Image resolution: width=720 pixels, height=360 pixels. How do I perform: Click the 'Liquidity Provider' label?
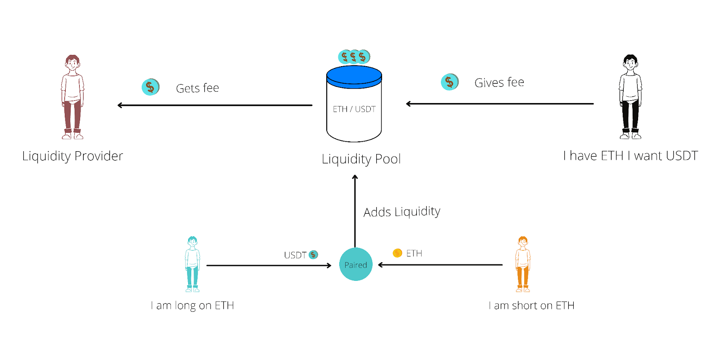pyautogui.click(x=72, y=156)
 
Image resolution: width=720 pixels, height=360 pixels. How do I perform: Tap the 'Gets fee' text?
pyautogui.click(x=197, y=88)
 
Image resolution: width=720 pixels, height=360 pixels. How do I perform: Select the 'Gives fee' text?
pyautogui.click(x=499, y=83)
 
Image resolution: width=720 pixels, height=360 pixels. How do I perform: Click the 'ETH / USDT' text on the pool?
pyautogui.click(x=354, y=109)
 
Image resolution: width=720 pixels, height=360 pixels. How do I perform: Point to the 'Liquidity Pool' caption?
pyautogui.click(x=361, y=159)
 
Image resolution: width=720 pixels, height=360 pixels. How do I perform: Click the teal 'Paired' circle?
pyautogui.click(x=355, y=265)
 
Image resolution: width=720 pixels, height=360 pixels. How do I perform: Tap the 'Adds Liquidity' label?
pyautogui.click(x=401, y=211)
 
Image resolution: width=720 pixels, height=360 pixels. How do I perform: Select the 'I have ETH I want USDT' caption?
pyautogui.click(x=630, y=156)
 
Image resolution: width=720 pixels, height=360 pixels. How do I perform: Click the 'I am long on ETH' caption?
pyautogui.click(x=192, y=306)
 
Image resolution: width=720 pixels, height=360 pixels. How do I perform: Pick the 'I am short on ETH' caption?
pyautogui.click(x=531, y=306)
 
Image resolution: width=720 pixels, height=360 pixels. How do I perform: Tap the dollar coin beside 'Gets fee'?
pyautogui.click(x=150, y=87)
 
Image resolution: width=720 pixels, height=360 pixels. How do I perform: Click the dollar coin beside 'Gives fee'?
pyautogui.click(x=450, y=82)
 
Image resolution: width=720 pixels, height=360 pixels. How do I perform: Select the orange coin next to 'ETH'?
pyautogui.click(x=397, y=253)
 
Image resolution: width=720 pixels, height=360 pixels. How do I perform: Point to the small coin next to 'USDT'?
pyautogui.click(x=314, y=255)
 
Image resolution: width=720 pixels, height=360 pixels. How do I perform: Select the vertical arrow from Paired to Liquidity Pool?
pyautogui.click(x=355, y=211)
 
